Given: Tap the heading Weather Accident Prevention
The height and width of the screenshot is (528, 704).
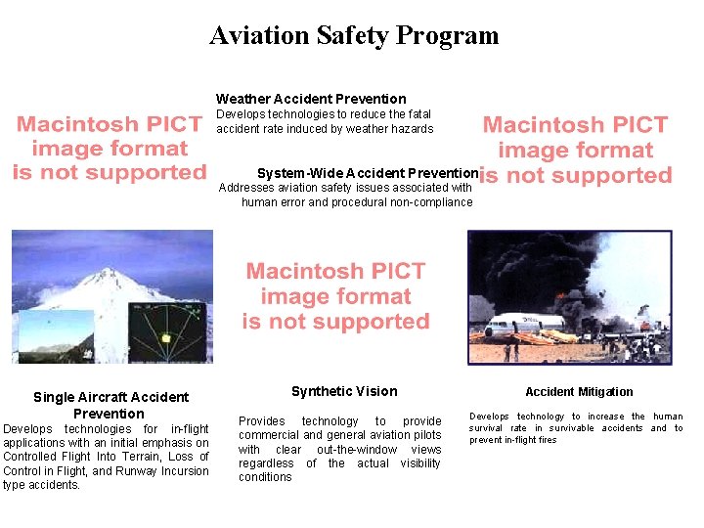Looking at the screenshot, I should [311, 99].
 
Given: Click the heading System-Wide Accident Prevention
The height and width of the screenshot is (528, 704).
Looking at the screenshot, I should [368, 172].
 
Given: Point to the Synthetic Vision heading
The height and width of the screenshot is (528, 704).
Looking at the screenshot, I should [344, 391].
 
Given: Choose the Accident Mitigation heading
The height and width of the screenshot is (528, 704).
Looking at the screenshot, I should [579, 392].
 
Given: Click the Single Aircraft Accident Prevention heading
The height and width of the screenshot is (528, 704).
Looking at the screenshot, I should [110, 405].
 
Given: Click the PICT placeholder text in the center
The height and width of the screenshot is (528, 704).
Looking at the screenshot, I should [336, 296].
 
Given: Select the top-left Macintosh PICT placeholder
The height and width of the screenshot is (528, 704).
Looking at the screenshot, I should [110, 149].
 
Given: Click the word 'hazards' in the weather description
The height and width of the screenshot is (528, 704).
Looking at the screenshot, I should [411, 129].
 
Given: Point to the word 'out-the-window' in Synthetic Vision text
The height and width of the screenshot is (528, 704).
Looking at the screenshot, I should [360, 450].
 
